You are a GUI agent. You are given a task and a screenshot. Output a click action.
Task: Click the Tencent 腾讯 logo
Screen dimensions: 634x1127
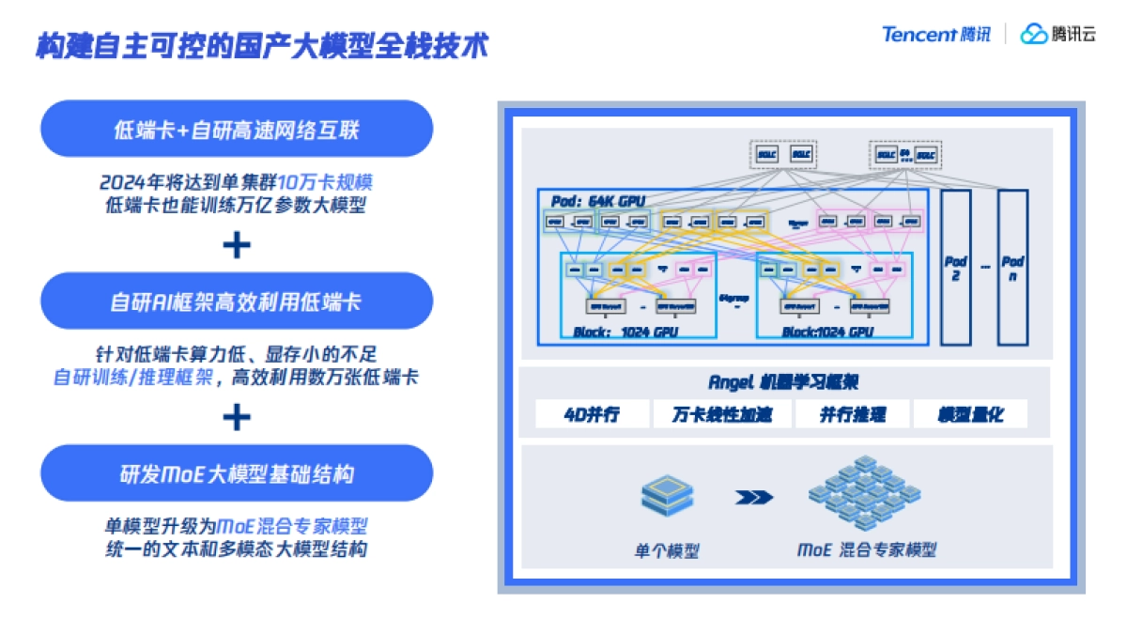935,35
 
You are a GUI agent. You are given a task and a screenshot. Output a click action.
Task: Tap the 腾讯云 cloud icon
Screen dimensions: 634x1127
1033,35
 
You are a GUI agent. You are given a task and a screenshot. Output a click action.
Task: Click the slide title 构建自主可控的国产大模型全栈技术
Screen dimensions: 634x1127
262,45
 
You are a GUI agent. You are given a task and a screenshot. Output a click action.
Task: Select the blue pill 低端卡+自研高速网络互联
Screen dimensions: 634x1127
236,130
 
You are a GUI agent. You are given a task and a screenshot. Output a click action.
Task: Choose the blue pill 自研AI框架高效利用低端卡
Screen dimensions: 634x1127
236,302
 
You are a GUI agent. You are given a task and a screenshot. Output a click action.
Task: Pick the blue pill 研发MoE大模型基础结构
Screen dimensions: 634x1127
236,473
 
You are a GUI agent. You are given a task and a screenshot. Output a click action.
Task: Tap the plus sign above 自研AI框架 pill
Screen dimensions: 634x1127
236,245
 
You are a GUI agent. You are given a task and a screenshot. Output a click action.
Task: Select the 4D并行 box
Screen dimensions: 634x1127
592,414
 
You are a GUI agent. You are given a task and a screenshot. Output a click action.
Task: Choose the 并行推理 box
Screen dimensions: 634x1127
852,414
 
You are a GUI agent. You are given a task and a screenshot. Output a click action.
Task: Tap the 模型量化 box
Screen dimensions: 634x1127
970,414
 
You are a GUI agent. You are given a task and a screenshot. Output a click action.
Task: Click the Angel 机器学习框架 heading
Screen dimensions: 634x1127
782,382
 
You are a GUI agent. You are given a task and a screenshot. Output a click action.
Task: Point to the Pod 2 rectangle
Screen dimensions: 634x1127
955,268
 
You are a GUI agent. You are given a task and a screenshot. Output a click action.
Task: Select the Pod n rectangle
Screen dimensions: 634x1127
1012,268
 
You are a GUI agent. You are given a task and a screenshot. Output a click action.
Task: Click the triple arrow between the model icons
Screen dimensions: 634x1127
753,497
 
